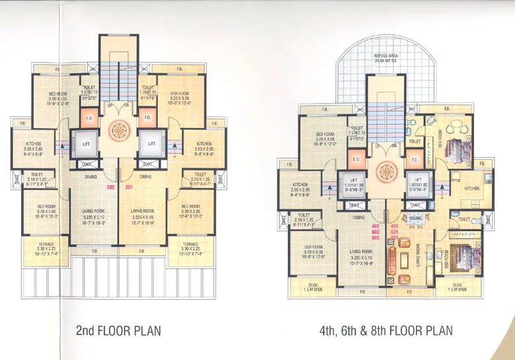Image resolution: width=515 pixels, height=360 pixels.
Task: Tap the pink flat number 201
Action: [129, 187]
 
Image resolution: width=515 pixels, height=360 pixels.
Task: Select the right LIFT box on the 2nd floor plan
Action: [151, 143]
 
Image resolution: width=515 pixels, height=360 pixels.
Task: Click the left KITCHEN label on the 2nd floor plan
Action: [35, 146]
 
